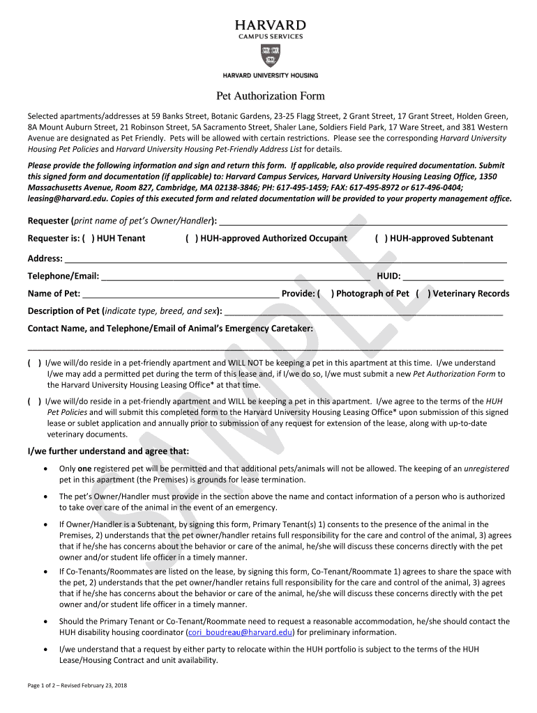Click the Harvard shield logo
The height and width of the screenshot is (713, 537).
[270, 56]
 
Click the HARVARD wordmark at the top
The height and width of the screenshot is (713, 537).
[270, 24]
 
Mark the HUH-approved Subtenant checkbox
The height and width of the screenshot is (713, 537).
[381, 238]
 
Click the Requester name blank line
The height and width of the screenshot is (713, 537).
[363, 223]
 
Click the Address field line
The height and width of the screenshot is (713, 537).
[286, 259]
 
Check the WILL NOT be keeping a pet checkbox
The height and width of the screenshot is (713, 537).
[34, 363]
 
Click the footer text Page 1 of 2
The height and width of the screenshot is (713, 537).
[49, 686]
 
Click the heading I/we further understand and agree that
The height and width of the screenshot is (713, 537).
[108, 451]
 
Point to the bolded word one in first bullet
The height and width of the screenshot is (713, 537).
[84, 469]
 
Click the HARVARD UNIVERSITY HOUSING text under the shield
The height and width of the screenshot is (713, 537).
[270, 75]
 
